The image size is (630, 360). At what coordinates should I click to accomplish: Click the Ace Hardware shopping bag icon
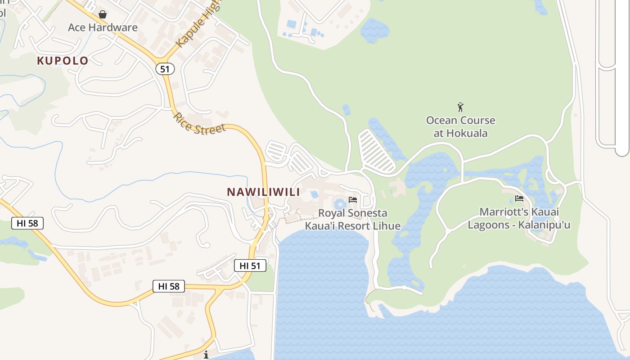[x=103, y=14]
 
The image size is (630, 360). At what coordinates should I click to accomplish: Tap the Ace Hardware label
[x=103, y=27]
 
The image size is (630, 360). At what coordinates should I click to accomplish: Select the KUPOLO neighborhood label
[x=63, y=61]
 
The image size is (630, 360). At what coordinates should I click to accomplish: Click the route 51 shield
[x=165, y=69]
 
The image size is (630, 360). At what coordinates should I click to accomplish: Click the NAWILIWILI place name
[x=263, y=192]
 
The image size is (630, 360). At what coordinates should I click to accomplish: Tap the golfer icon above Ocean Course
[x=460, y=108]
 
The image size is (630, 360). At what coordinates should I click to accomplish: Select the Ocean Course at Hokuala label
[x=460, y=127]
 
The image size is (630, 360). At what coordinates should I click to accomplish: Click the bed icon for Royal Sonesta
[x=353, y=199]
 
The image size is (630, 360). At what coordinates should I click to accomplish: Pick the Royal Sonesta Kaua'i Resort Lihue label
[x=353, y=219]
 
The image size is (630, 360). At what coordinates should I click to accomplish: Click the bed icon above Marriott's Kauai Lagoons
[x=519, y=198]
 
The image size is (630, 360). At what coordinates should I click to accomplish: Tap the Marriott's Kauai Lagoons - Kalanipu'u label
[x=519, y=218]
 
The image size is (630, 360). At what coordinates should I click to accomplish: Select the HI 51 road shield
[x=250, y=266]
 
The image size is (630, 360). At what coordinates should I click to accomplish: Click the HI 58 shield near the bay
[x=169, y=286]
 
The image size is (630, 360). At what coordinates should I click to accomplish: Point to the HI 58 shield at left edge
[x=27, y=223]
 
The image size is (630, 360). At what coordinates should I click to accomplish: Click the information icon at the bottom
[x=206, y=355]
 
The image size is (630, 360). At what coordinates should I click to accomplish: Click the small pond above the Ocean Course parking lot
[x=346, y=109]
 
